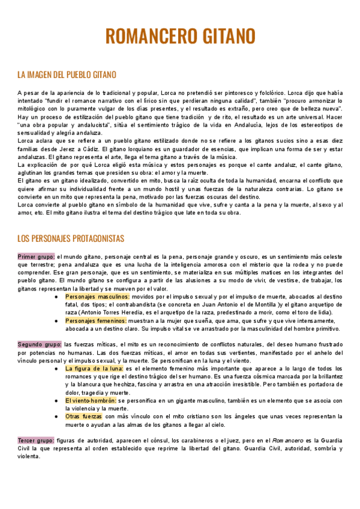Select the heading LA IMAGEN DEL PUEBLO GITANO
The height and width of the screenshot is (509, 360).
(67, 75)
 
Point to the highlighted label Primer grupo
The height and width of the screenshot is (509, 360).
(36, 257)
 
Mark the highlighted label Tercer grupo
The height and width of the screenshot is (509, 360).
(36, 441)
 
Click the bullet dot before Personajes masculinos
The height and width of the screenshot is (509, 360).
(55, 297)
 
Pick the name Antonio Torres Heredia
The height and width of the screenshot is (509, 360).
(109, 313)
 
